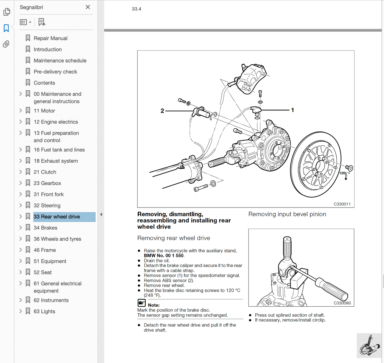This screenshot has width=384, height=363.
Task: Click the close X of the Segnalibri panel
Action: pos(88,7)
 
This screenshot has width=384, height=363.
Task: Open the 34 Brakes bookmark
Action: pos(45,228)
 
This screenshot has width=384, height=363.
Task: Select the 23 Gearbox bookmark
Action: pos(47,183)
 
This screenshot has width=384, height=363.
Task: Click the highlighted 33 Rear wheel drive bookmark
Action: pos(57,217)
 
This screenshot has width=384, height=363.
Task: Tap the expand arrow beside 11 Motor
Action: pos(20,111)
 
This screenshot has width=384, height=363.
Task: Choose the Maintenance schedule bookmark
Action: pos(60,61)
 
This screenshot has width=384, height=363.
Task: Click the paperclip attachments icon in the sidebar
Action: pos(6,44)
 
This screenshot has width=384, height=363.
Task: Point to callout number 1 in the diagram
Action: pos(292,110)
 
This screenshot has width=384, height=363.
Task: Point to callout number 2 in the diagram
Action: pos(162,111)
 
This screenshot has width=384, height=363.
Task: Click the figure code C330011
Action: pos(342,204)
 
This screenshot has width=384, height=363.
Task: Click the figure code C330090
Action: pos(342,303)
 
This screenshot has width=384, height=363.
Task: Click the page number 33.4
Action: pos(136,9)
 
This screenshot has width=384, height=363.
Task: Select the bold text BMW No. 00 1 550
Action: pos(164,256)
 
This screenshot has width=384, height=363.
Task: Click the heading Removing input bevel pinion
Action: pos(287,214)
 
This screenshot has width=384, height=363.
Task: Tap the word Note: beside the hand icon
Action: pos(154,305)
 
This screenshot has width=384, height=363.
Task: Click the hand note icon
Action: pos(142,303)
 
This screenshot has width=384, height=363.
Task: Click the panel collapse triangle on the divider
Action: pos(101,214)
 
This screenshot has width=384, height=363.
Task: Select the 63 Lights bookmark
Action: pos(44,311)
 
